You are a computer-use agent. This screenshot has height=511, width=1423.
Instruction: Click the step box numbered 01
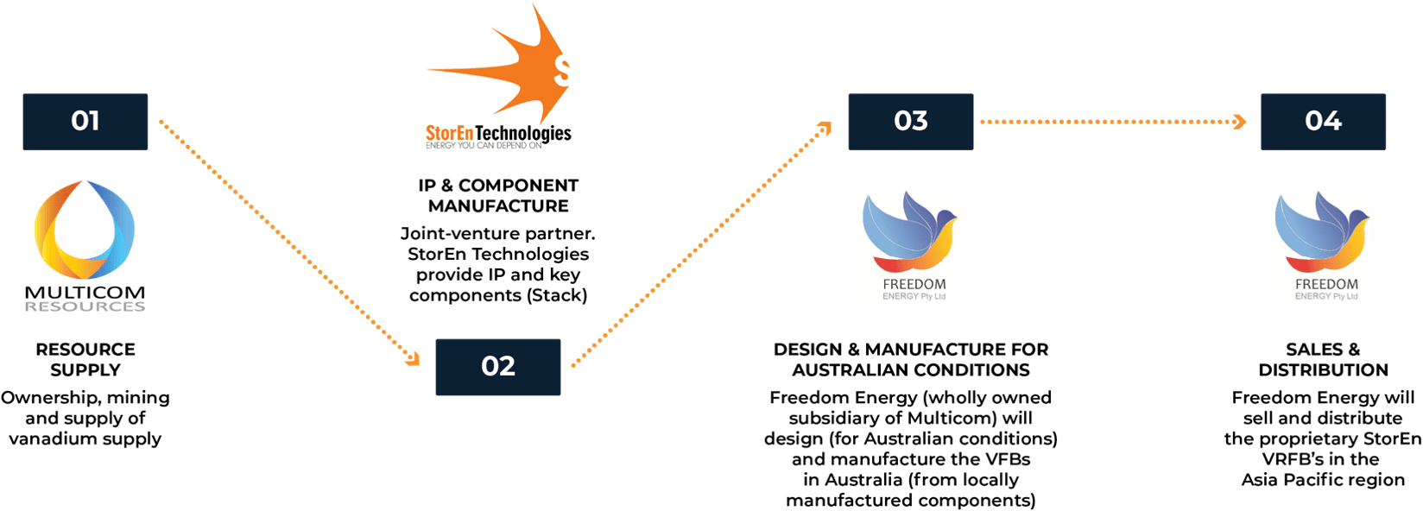point(85,122)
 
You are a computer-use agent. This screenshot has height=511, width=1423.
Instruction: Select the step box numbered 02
point(497,367)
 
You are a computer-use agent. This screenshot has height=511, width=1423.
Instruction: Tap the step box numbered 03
point(910,122)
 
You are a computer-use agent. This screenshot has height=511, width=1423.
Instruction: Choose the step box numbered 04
point(1323,122)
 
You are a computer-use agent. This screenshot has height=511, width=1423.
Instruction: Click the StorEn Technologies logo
point(497,82)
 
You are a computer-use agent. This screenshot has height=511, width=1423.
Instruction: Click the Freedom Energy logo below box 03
point(910,246)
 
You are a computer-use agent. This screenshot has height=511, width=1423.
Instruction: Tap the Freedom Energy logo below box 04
point(1323,246)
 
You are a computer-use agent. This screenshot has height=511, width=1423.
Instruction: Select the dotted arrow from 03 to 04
point(1114,122)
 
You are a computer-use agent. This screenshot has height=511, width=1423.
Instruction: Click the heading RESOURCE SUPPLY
point(85,360)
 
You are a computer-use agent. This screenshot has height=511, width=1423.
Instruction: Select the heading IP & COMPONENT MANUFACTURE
point(497,196)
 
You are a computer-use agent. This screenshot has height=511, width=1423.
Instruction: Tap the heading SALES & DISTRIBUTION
point(1323,360)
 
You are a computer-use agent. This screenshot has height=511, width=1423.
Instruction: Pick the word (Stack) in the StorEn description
point(557,295)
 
